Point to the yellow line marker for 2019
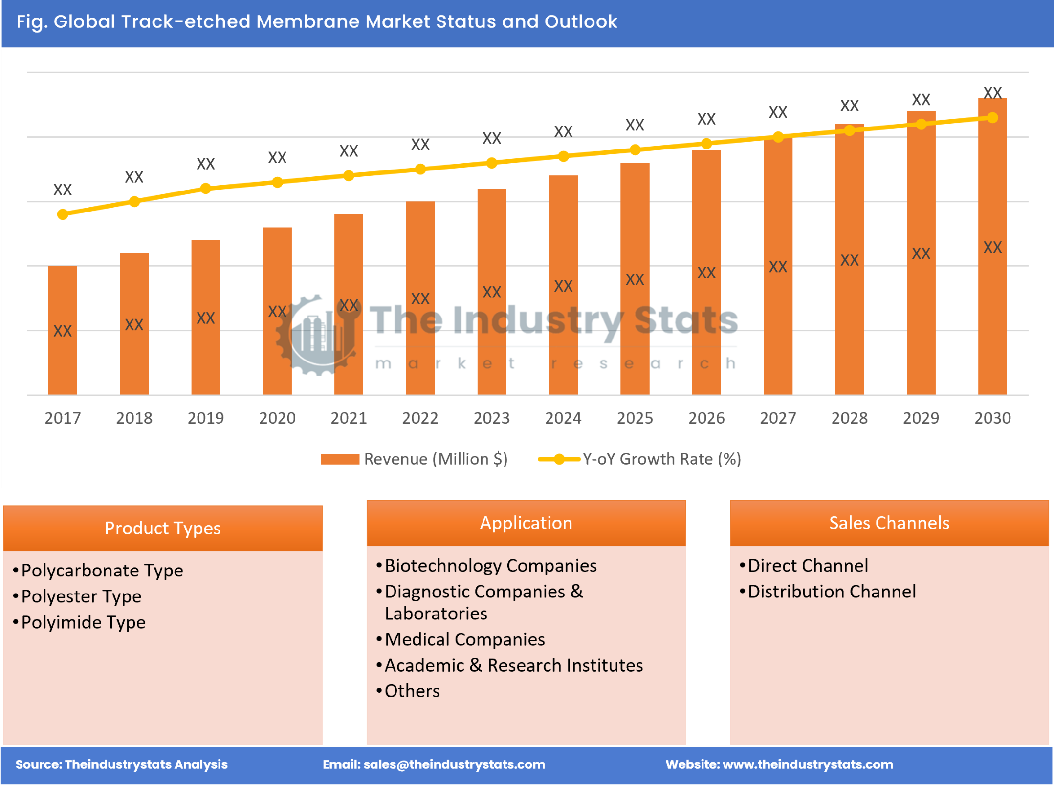(206, 189)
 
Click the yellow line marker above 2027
(778, 137)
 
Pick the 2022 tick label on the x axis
(420, 418)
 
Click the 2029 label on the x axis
(921, 418)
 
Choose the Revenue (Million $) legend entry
(415, 459)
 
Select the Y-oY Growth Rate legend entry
(640, 459)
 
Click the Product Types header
(162, 528)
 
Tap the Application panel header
(526, 523)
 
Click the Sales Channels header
(889, 523)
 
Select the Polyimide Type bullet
(84, 622)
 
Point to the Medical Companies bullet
(464, 639)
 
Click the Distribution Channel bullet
(832, 592)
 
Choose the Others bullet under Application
(412, 691)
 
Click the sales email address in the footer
(454, 764)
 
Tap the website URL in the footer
(808, 764)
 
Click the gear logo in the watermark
(318, 335)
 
